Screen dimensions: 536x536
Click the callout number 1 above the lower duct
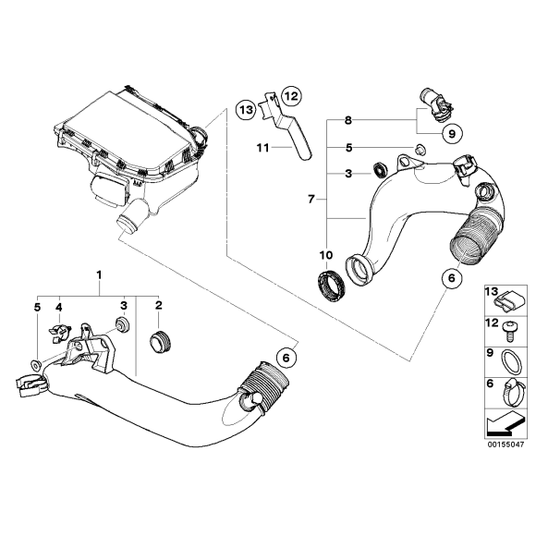click(x=100, y=275)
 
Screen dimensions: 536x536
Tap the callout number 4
click(x=59, y=305)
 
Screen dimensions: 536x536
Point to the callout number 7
click(x=311, y=198)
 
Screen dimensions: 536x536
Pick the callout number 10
click(x=323, y=254)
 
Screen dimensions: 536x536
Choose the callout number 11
click(x=262, y=146)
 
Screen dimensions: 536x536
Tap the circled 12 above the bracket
click(x=291, y=95)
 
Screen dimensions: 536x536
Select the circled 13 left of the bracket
click(x=244, y=108)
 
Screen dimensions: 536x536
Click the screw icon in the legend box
click(x=511, y=326)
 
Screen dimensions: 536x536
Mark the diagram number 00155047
click(x=506, y=444)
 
